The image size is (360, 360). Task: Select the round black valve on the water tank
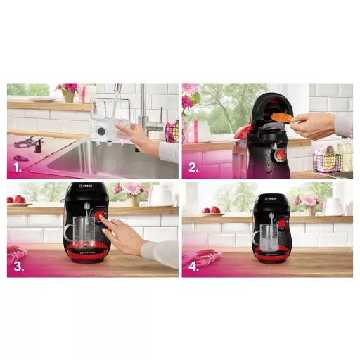click(x=104, y=131)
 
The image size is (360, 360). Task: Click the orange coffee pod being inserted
click(x=283, y=117)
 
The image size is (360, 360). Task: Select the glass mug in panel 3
click(x=80, y=232)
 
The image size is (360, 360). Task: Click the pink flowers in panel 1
click(x=69, y=89)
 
